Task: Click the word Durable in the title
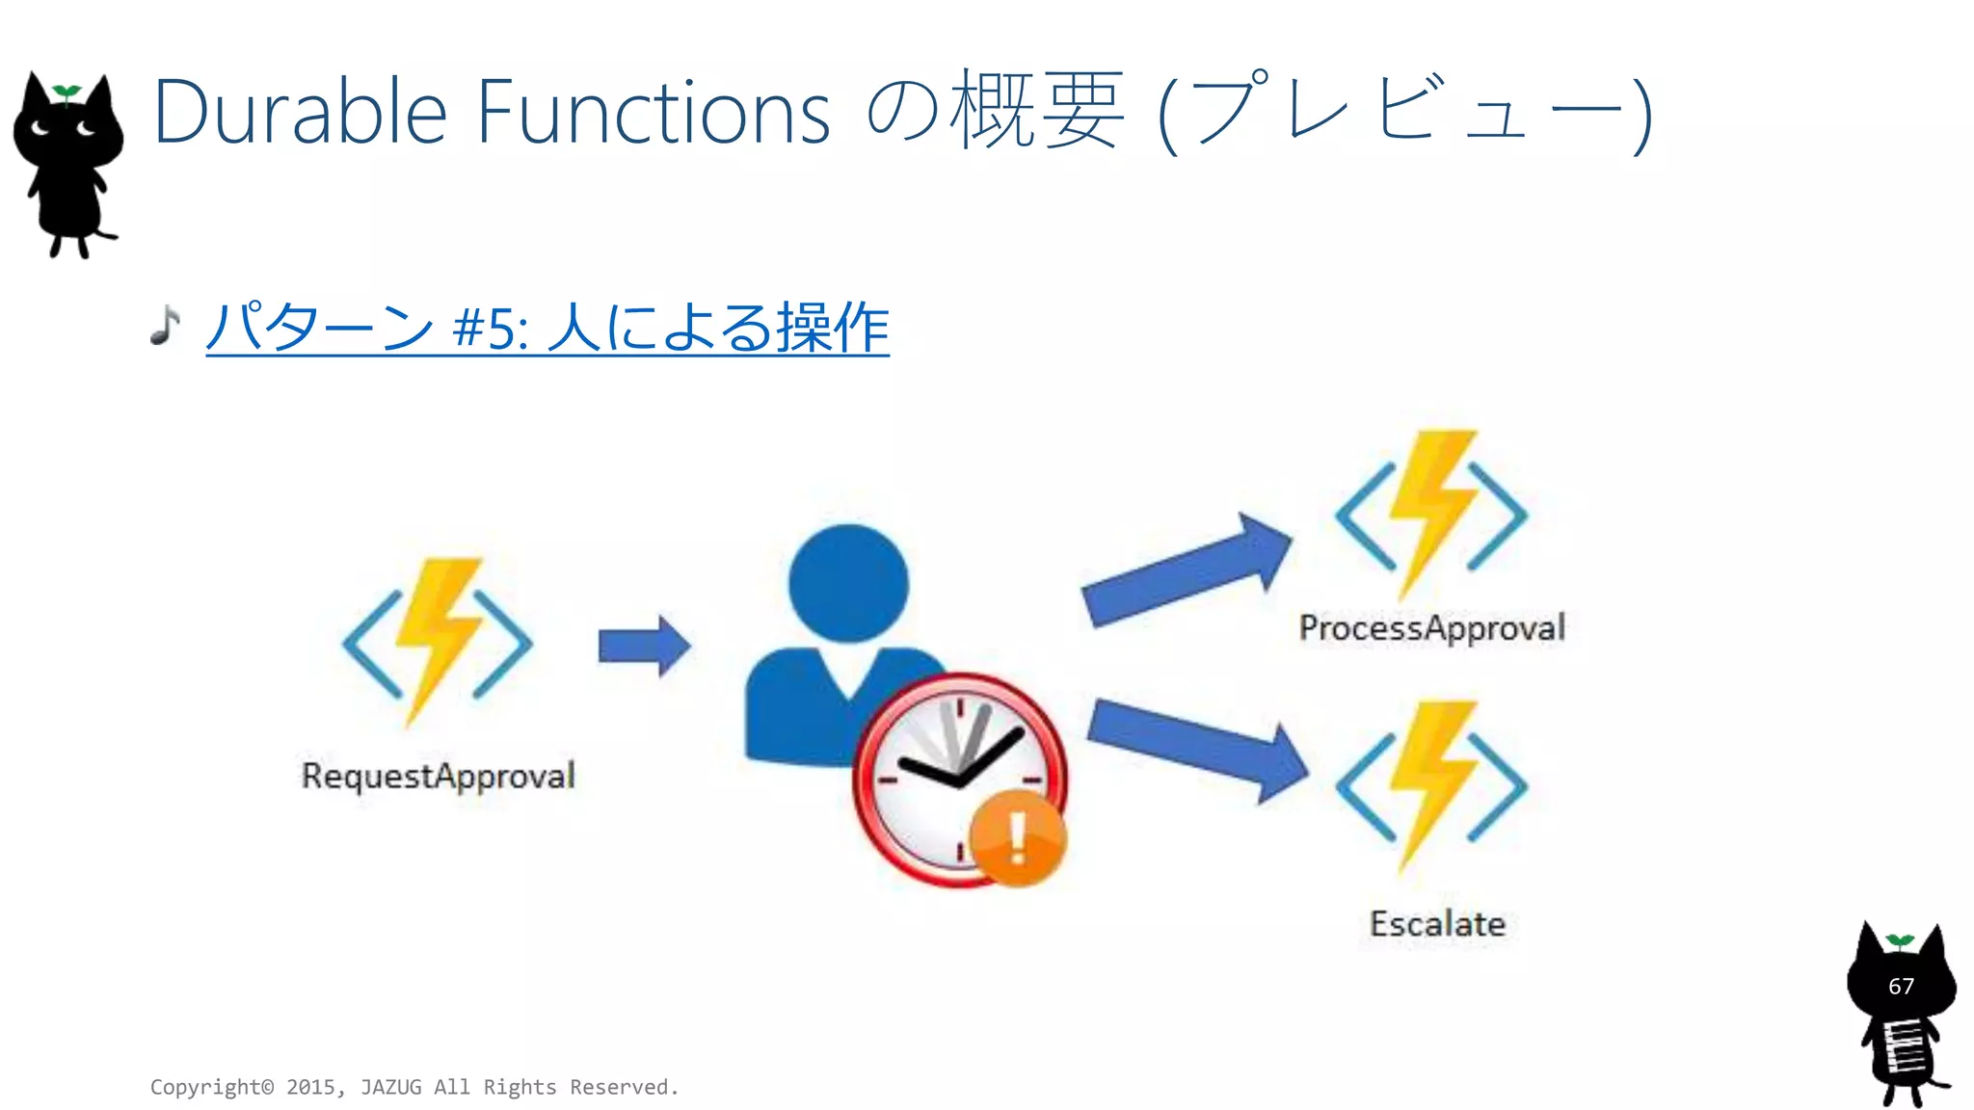point(299,113)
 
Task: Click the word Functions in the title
point(654,113)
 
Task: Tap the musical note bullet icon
point(166,326)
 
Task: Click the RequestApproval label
point(439,776)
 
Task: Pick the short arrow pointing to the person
point(644,646)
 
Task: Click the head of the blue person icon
point(848,583)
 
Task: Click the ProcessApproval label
point(1431,628)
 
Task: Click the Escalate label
point(1437,924)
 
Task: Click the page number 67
point(1901,986)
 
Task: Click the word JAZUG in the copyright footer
point(390,1087)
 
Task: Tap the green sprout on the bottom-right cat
point(1900,940)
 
